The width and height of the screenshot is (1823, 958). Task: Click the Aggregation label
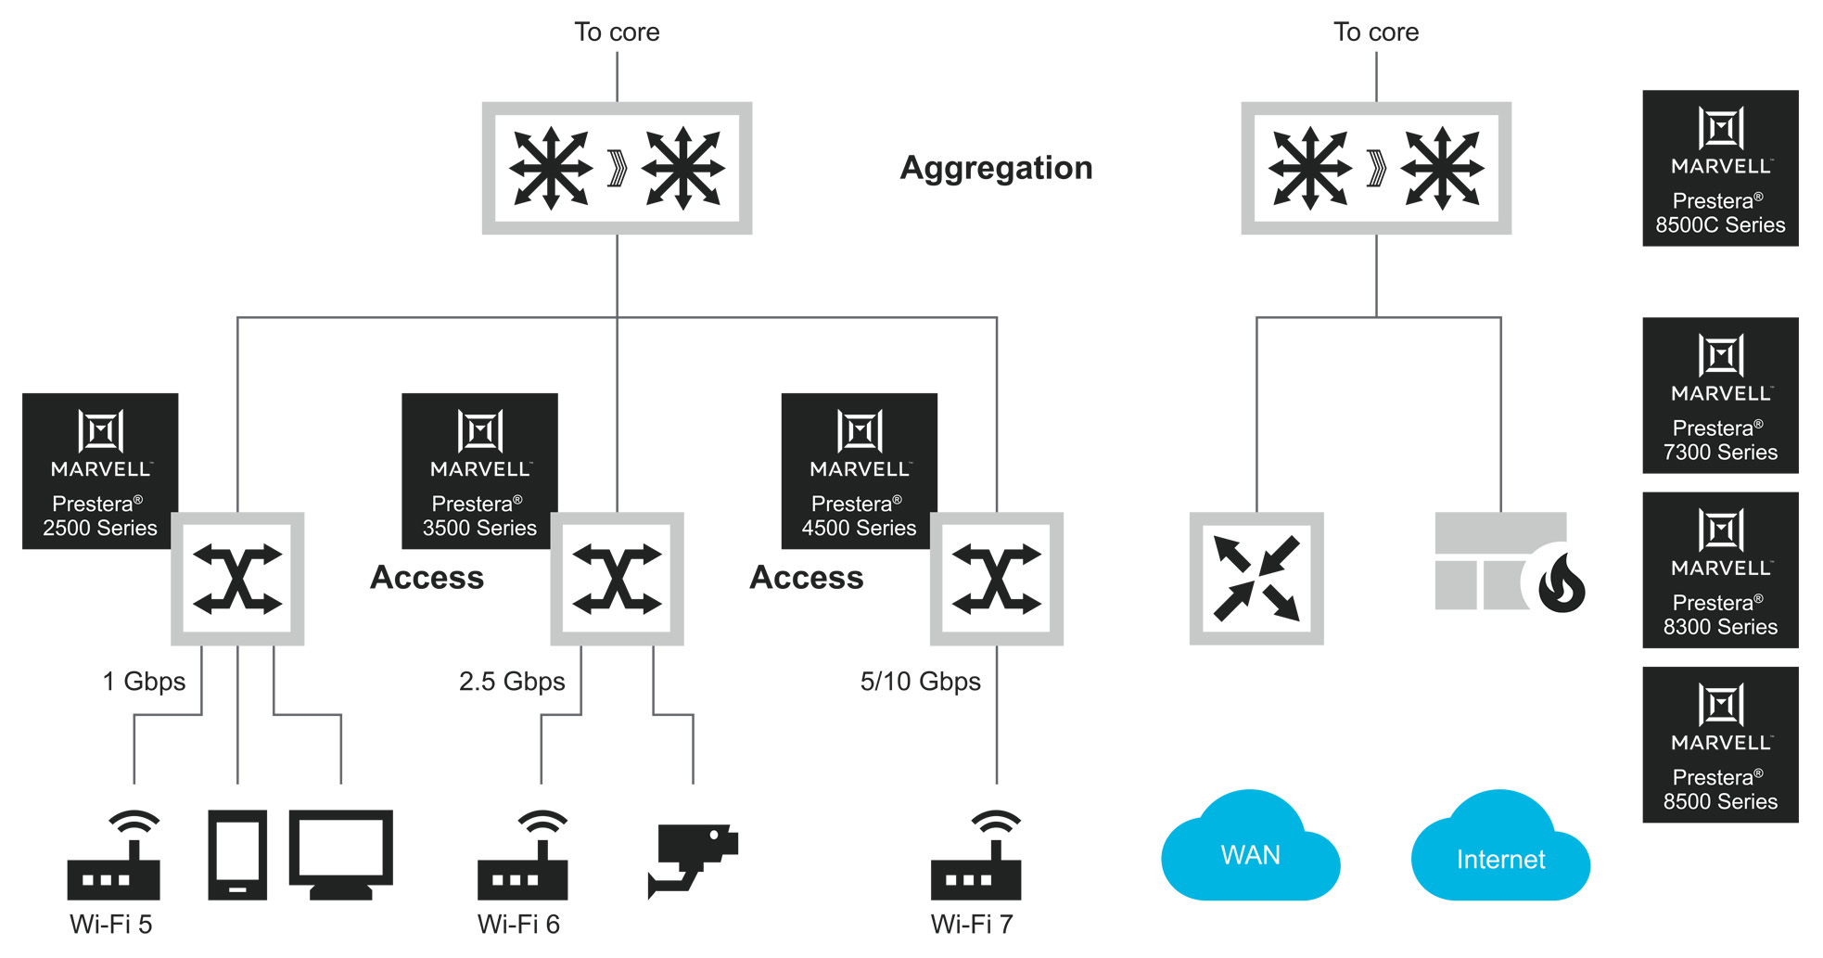[x=996, y=168]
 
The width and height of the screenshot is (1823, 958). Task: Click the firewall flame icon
[x=1562, y=583]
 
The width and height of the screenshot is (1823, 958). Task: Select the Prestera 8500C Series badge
[x=1720, y=168]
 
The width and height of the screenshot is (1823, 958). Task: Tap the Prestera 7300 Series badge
[x=1720, y=395]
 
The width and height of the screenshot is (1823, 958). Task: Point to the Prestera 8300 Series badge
[x=1720, y=569]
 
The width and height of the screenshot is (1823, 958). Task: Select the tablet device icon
[x=237, y=854]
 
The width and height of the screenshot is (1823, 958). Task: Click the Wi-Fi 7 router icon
[x=976, y=858]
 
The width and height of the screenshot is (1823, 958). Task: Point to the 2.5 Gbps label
[x=512, y=682]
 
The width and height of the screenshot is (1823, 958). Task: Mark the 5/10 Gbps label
[x=920, y=682]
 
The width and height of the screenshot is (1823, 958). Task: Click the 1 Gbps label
[x=144, y=682]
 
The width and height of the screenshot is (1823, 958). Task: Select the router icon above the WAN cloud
[x=1256, y=579]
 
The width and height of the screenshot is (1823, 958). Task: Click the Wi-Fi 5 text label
[x=110, y=924]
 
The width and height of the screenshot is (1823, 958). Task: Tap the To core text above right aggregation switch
[x=1376, y=32]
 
